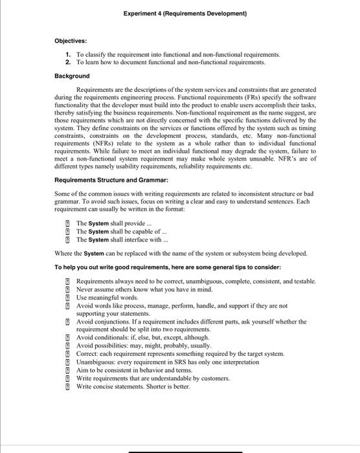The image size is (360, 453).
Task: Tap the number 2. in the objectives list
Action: point(68,63)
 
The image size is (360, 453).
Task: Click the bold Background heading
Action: point(72,76)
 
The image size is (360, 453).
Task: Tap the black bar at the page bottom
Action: point(179,451)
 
